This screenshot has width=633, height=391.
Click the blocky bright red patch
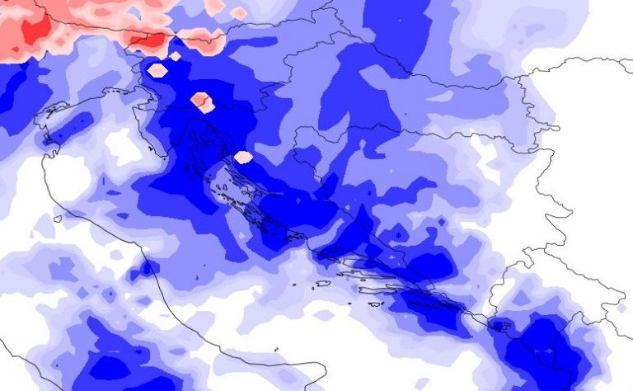point(35,31)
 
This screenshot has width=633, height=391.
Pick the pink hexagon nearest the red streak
point(157,70)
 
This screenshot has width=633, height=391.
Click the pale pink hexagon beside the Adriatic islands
point(243,157)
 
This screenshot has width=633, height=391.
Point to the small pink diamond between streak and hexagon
point(175,56)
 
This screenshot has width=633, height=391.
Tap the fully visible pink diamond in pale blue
point(238,13)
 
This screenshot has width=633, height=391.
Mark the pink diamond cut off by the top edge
point(213,4)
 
